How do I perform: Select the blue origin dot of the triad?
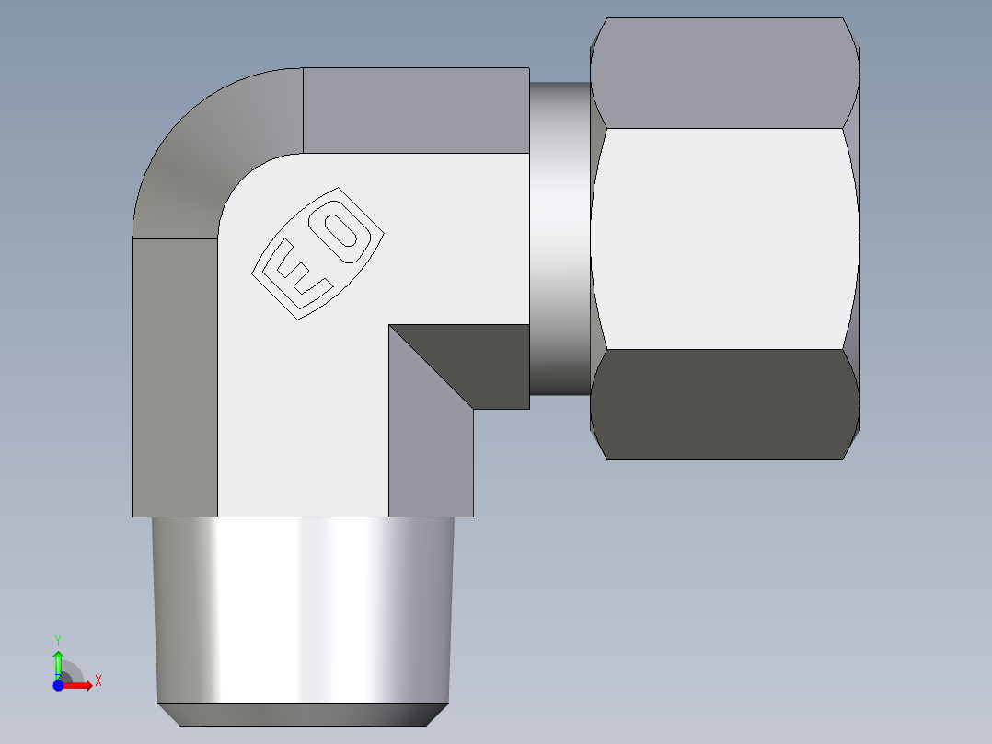(58, 685)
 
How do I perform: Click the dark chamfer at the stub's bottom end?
(304, 715)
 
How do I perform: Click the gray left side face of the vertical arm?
(175, 378)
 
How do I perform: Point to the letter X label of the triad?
(98, 681)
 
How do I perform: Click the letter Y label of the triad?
(57, 639)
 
